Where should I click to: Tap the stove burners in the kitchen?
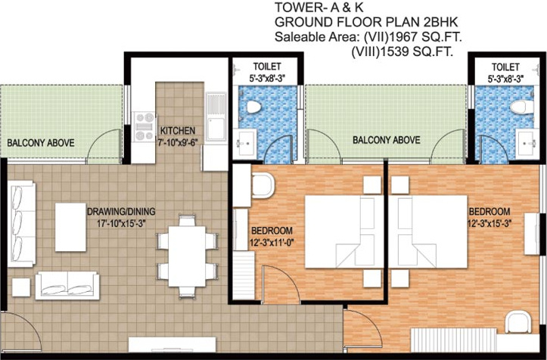(142, 126)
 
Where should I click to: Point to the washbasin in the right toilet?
(525, 141)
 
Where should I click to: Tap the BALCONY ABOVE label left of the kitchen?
(39, 141)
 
